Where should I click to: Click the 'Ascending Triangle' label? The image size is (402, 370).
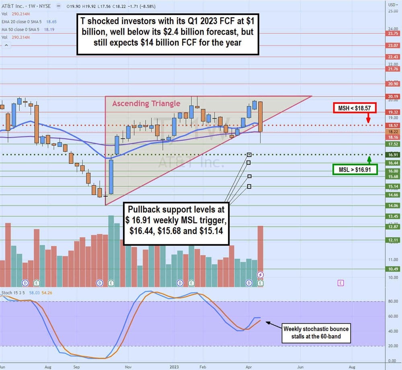point(146,103)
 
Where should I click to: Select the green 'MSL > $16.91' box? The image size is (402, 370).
point(355,169)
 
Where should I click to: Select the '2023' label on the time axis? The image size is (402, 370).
point(174,367)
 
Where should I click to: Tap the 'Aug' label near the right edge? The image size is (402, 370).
point(352,367)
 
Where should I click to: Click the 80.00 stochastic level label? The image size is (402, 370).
point(392,301)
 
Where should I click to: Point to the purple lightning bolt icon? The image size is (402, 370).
point(260,275)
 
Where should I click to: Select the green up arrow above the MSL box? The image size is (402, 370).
point(369,159)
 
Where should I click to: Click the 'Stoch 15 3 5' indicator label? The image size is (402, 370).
point(12,293)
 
